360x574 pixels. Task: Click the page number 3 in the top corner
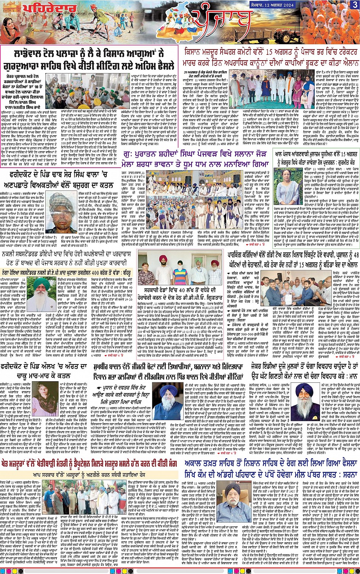354,4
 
